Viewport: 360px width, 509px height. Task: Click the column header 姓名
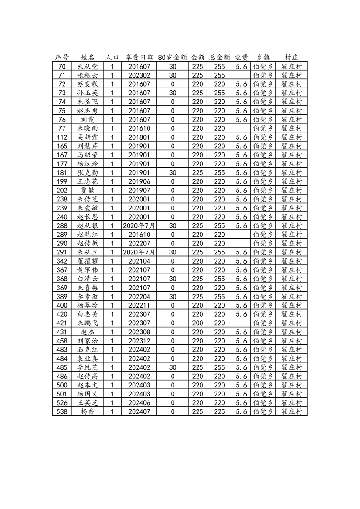(x=88, y=58)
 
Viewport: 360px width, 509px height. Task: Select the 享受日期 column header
(x=139, y=58)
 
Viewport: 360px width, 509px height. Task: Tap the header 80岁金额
(x=173, y=58)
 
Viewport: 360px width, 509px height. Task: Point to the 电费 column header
(x=241, y=58)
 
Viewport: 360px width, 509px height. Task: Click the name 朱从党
(x=88, y=66)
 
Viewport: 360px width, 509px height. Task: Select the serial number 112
(x=62, y=137)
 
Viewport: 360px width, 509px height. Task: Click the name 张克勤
(x=88, y=172)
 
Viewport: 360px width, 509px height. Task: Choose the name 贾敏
(x=88, y=190)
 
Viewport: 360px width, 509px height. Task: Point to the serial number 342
(x=62, y=261)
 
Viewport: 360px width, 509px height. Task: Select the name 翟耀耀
(x=88, y=261)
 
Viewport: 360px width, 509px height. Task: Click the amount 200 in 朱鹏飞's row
(x=197, y=323)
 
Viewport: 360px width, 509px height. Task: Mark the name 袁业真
(x=88, y=358)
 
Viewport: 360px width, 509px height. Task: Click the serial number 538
(x=62, y=411)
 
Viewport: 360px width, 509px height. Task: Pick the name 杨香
(x=88, y=411)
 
